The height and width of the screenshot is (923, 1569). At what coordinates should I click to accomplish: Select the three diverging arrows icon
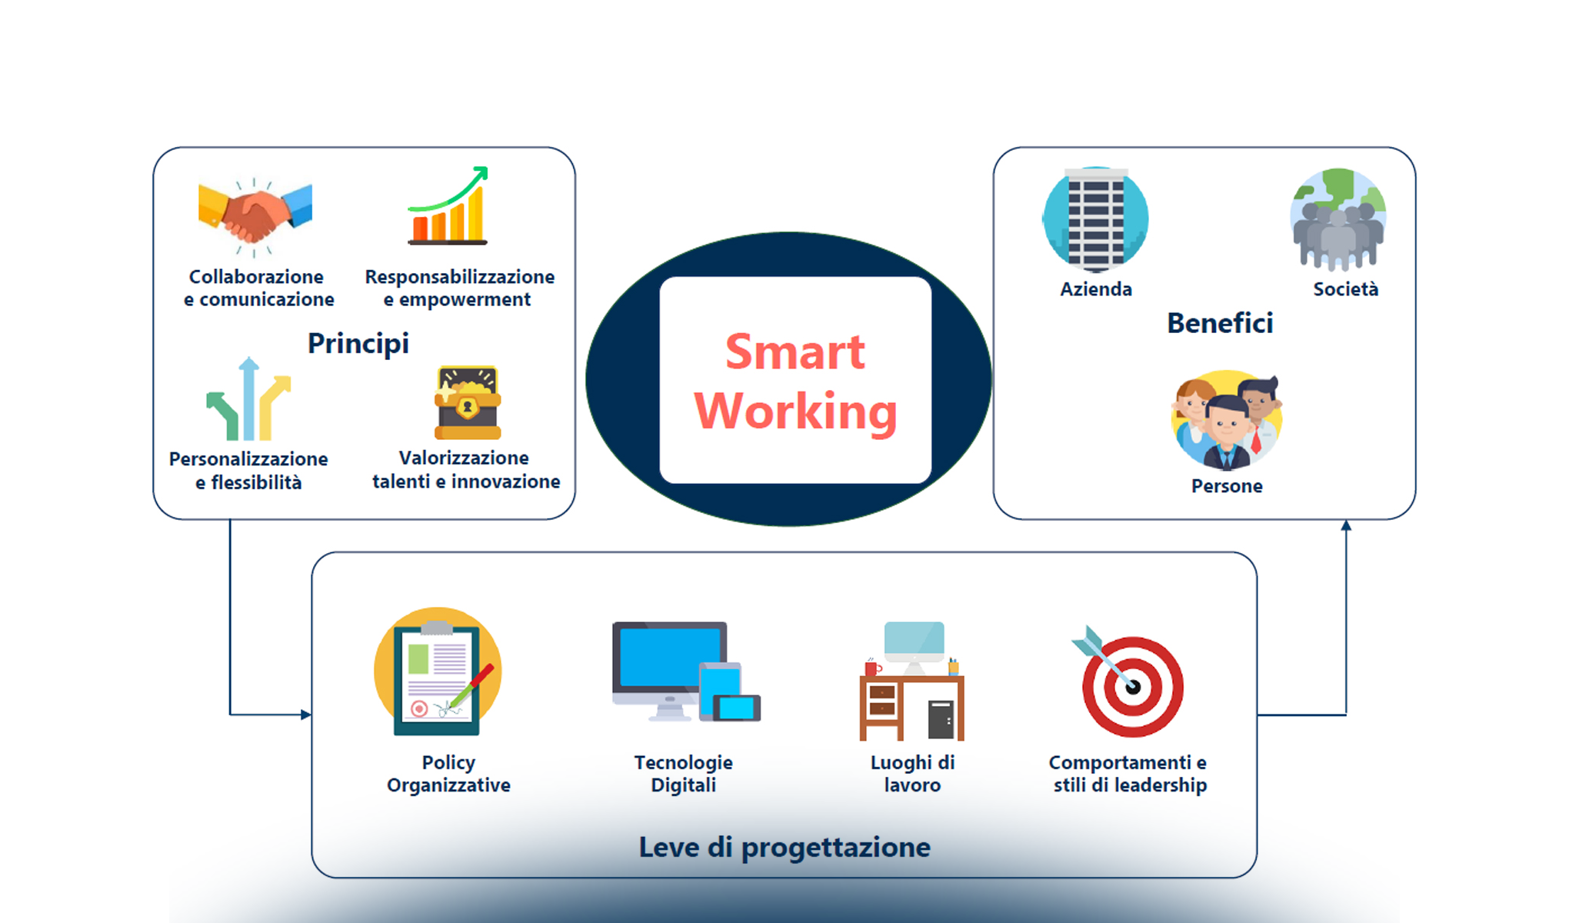(x=248, y=400)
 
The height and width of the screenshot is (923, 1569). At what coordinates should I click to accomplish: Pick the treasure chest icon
(x=468, y=402)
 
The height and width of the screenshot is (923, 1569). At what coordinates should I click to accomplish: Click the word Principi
(x=358, y=343)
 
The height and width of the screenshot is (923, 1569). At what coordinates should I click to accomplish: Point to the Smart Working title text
(x=795, y=382)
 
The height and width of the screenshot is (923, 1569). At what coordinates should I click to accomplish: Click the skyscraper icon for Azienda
(x=1095, y=219)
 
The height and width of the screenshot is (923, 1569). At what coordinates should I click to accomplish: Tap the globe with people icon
(x=1338, y=219)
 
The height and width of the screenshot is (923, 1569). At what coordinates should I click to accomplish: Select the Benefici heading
(x=1220, y=323)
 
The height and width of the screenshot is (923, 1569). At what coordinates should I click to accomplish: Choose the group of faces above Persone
(x=1226, y=422)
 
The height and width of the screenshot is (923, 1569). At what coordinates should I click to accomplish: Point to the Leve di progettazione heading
(x=784, y=847)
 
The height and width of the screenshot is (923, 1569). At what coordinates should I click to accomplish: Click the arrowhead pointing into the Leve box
(x=306, y=715)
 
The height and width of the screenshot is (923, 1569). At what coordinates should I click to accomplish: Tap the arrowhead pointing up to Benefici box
(x=1346, y=525)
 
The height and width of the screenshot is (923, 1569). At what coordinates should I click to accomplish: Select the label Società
(x=1345, y=289)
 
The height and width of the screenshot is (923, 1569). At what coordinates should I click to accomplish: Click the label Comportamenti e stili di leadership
(x=1128, y=774)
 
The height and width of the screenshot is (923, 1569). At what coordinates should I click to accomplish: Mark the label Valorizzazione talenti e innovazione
(x=466, y=469)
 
